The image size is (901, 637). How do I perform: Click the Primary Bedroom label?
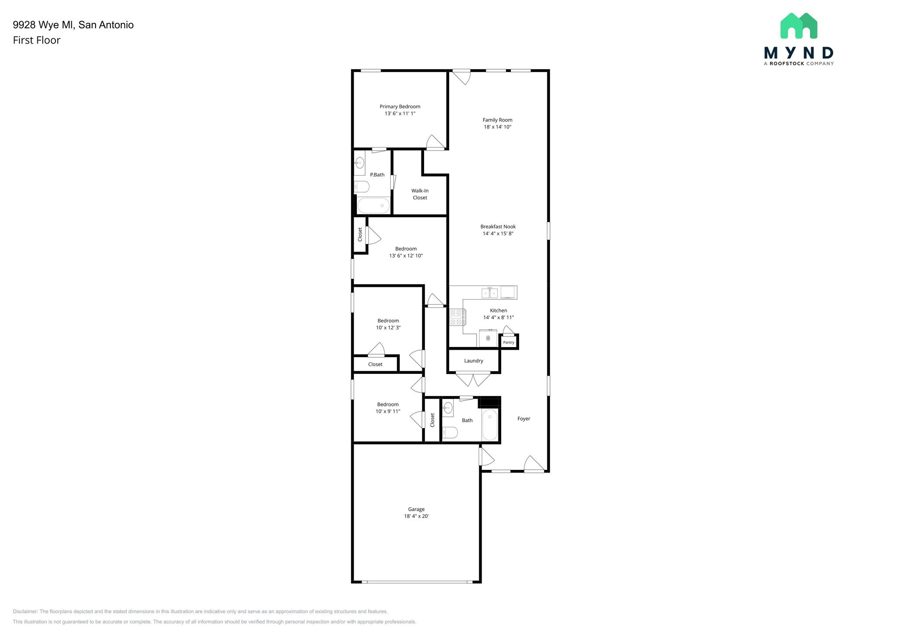point(399,106)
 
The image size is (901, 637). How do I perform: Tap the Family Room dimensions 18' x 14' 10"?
point(497,127)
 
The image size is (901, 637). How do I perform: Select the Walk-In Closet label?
point(420,194)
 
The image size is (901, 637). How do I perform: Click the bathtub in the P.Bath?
point(373,205)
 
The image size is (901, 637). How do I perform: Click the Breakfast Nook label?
point(498,227)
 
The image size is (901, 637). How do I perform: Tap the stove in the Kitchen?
point(457,317)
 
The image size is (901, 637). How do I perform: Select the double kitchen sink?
point(490,293)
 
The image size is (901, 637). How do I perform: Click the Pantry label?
point(508,342)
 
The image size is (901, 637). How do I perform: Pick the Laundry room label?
point(473,361)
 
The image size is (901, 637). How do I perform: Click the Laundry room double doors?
point(473,379)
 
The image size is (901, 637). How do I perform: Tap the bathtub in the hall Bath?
point(490,425)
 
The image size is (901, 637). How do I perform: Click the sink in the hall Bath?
point(447,408)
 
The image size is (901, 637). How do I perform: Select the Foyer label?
point(524,419)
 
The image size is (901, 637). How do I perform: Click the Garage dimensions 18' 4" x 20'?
point(416,516)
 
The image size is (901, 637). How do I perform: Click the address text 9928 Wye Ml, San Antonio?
point(73,25)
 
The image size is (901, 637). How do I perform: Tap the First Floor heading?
point(37,40)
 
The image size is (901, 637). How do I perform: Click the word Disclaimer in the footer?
point(25,611)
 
